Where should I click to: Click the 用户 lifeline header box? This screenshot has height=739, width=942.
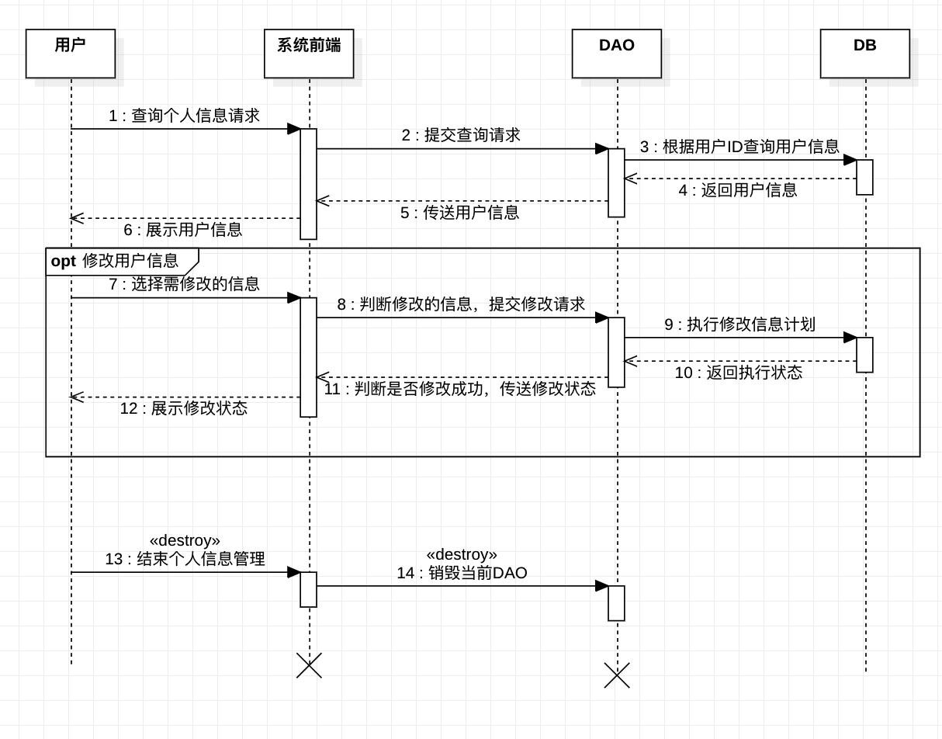71,54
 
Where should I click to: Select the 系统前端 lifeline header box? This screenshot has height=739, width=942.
309,54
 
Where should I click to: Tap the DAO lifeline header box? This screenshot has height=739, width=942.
617,54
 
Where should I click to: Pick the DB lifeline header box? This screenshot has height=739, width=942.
864,54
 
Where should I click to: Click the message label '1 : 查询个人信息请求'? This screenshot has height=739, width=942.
184,116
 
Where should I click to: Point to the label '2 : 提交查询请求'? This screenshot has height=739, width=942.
461,135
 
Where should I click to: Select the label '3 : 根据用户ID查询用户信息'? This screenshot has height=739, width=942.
739,147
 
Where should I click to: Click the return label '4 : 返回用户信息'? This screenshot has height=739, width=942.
737,190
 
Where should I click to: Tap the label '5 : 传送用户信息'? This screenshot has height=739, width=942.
459,213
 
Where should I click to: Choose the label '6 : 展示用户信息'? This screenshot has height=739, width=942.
182,230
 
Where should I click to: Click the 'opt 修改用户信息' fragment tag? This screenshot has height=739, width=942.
115,261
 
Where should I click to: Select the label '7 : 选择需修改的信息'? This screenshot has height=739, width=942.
184,284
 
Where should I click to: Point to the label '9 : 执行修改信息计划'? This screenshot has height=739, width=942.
739,324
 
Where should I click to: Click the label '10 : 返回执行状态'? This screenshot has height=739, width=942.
738,373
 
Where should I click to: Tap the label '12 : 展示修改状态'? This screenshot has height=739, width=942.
183,408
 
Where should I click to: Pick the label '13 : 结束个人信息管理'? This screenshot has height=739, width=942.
185,559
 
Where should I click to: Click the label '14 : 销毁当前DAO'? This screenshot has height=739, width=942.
462,573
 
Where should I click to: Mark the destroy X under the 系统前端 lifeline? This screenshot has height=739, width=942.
309,665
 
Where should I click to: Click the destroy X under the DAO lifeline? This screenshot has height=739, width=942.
617,675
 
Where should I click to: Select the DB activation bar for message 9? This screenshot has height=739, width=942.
864,355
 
